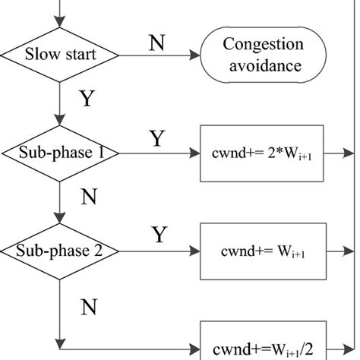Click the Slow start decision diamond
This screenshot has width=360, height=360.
tap(59, 55)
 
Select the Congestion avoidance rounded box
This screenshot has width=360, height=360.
tap(264, 55)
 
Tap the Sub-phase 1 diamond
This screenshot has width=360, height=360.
tap(59, 153)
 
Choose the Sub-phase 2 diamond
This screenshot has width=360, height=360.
tap(59, 250)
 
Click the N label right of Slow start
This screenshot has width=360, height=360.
tap(156, 43)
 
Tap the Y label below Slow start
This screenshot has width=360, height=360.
tap(86, 98)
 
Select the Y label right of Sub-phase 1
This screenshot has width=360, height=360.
tap(156, 138)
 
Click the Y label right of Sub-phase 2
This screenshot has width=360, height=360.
tap(159, 235)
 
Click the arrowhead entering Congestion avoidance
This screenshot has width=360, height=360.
tap(195, 55)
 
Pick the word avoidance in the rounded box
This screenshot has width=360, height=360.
tap(264, 65)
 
